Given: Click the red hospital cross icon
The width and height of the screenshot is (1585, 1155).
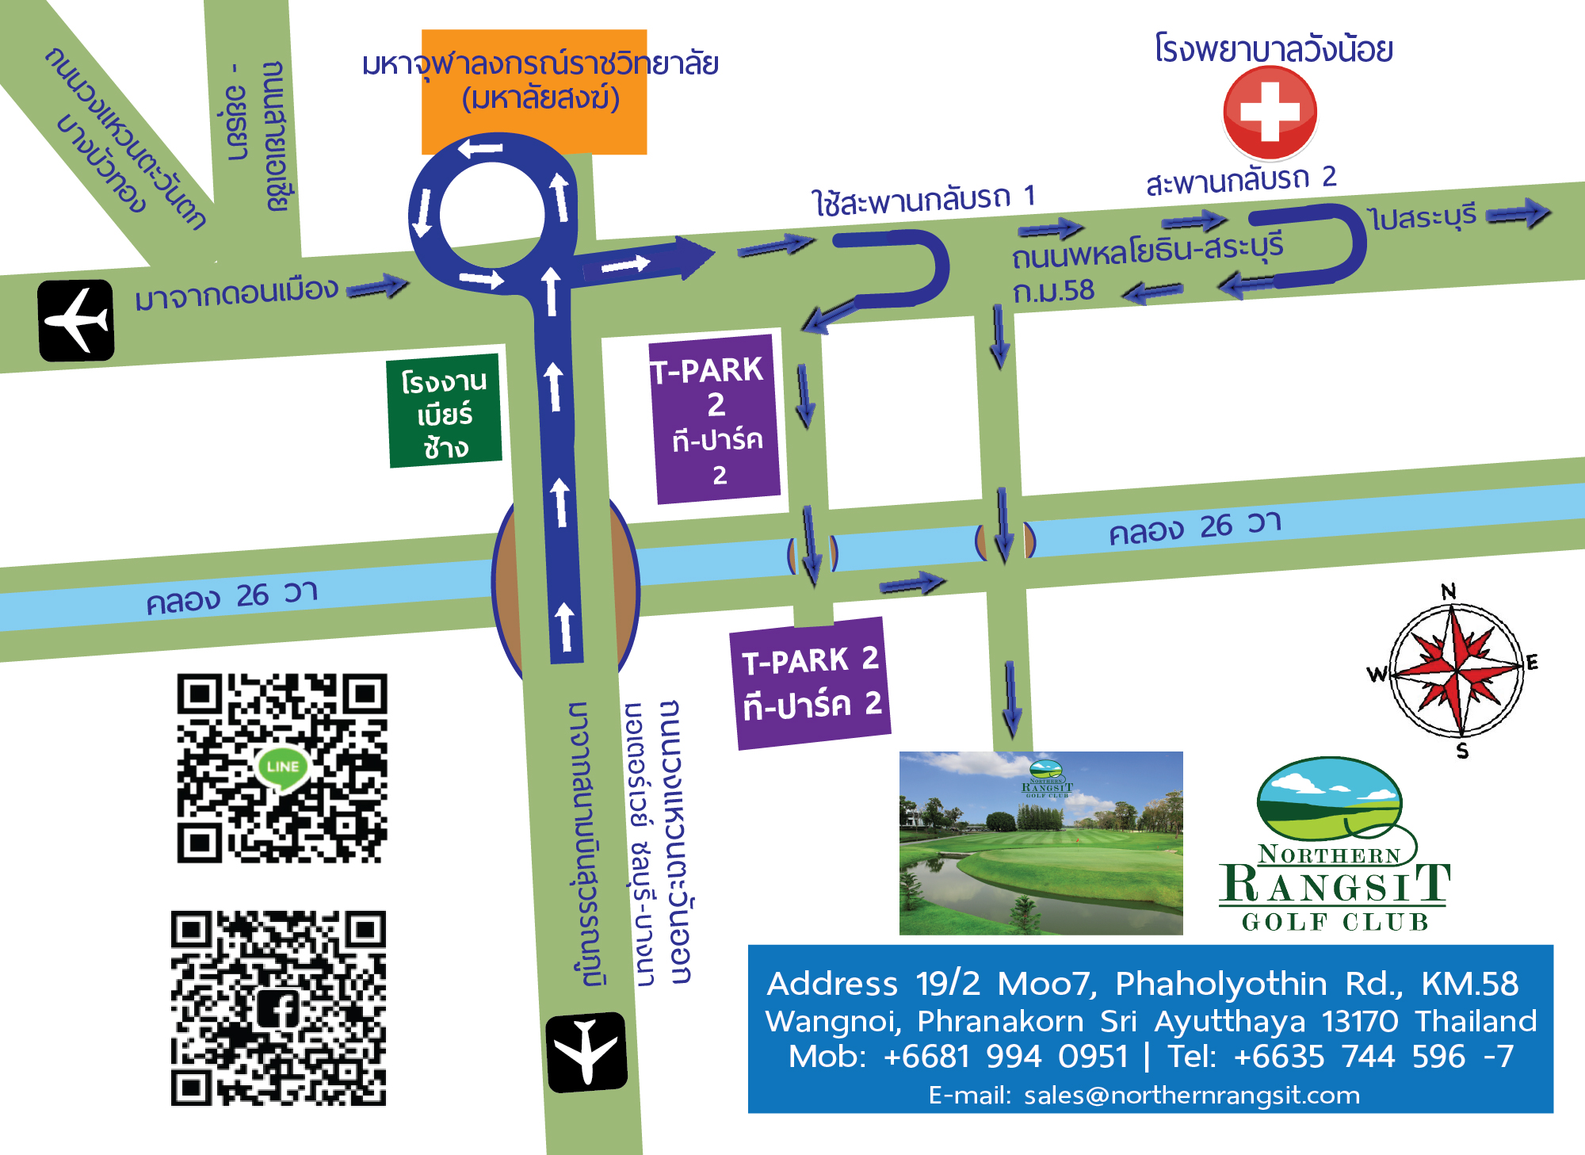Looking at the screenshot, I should (1270, 112).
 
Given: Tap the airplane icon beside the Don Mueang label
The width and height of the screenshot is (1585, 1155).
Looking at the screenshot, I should (76, 320).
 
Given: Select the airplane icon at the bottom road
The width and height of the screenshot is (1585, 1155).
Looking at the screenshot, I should (586, 1052).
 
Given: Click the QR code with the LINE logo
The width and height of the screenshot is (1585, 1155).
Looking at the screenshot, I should (281, 767).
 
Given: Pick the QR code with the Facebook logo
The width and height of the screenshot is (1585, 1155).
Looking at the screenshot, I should (278, 1008).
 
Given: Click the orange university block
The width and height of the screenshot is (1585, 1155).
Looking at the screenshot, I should (534, 92).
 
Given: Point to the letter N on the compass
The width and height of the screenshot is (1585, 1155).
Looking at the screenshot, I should (1449, 591).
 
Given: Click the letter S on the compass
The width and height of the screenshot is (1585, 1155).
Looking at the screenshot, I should (1462, 751).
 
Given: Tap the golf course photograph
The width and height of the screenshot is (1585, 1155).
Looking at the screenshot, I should (1041, 843).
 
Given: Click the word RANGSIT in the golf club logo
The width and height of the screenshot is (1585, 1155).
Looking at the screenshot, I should (1336, 885).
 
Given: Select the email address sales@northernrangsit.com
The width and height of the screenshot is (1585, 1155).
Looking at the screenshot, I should (1191, 1095).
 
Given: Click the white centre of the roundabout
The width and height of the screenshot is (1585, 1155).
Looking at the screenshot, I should (492, 214).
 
